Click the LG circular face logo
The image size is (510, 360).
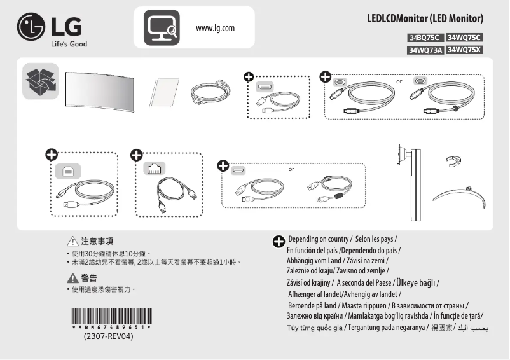(31, 29)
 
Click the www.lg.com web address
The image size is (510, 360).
(216, 28)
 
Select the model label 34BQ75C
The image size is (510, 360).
(425, 38)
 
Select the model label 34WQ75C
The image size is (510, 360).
(465, 38)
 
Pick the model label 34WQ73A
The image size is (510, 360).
(425, 50)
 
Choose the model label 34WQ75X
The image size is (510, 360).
(465, 50)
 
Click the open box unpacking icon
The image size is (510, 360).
(40, 81)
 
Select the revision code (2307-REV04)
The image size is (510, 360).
(109, 336)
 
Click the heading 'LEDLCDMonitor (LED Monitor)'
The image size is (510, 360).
(425, 17)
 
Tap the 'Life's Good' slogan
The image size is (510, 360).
(69, 44)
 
